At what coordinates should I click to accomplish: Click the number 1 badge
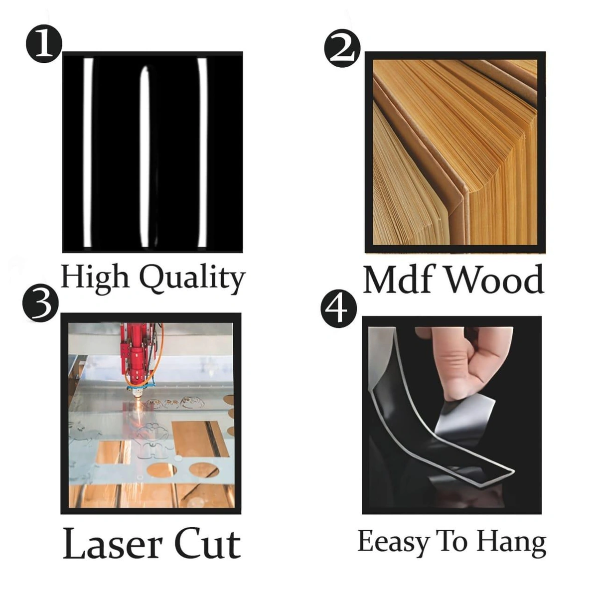44,44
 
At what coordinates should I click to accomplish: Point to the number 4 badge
338,309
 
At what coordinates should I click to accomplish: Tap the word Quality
192,278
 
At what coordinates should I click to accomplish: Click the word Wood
495,279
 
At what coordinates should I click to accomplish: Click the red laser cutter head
136,357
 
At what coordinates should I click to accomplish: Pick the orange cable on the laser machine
156,357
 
